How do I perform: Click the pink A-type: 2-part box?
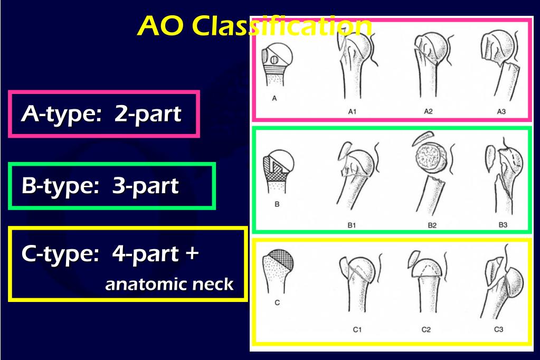104,114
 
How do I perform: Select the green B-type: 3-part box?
112,186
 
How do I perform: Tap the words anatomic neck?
169,285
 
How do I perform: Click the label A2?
428,111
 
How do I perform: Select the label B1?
352,225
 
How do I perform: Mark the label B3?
503,225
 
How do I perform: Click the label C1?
357,330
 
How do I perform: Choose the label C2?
426,330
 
